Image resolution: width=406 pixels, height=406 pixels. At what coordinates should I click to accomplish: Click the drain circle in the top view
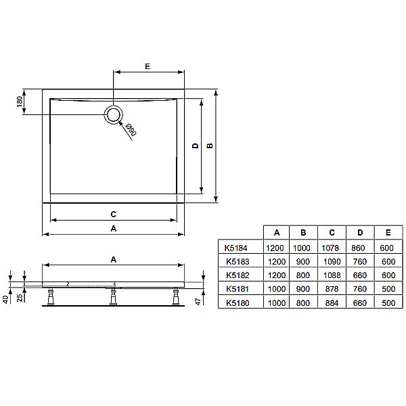[113, 115]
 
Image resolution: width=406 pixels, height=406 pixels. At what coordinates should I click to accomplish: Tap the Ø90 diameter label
[131, 129]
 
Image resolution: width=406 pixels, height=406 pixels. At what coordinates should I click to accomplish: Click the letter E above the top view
[147, 66]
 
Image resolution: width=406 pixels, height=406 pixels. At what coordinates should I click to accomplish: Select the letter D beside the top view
[195, 145]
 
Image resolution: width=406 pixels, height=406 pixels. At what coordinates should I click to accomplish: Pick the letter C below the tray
[114, 214]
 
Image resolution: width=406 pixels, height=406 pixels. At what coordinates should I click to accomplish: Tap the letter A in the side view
[114, 259]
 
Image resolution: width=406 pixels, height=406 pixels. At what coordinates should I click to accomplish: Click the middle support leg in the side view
[114, 296]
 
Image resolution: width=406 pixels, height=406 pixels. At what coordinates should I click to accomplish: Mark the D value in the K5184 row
[359, 248]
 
